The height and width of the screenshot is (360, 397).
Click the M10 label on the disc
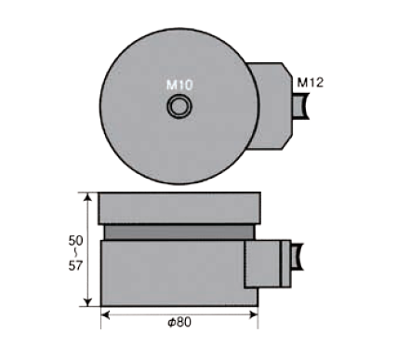tap(179, 85)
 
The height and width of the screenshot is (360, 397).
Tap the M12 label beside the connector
tap(311, 83)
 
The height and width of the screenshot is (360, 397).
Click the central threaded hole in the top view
tap(179, 106)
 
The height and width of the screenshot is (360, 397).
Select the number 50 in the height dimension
tap(75, 241)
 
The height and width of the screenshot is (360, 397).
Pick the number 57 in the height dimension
tap(75, 266)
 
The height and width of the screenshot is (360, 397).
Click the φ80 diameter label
tap(179, 323)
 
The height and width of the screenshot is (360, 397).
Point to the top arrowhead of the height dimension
tap(88, 197)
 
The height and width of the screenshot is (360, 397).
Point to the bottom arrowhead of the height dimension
tap(88, 301)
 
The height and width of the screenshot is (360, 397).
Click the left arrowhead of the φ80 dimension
tap(106, 315)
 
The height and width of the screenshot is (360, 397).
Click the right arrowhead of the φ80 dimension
tap(254, 315)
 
